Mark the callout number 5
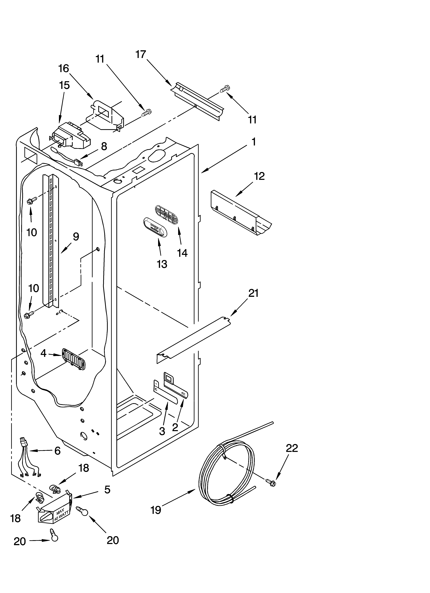point(107,490)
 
